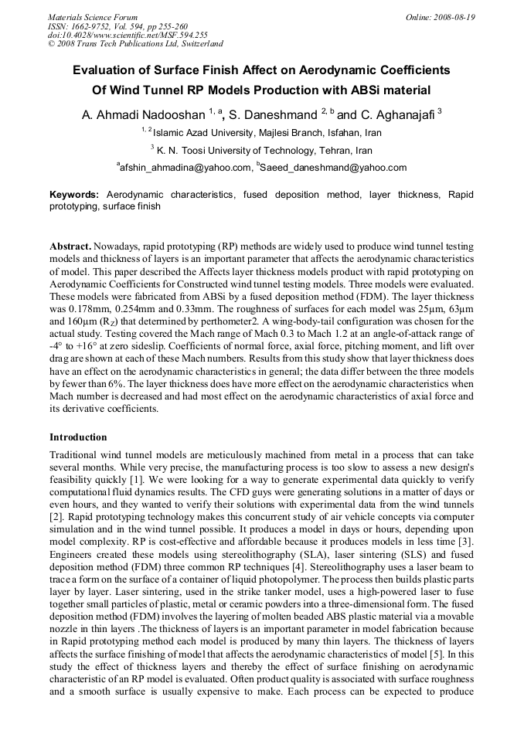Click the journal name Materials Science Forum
point(93,16)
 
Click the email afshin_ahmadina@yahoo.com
point(186,167)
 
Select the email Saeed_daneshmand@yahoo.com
point(334,167)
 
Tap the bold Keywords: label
point(74,195)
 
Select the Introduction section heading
point(78,437)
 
